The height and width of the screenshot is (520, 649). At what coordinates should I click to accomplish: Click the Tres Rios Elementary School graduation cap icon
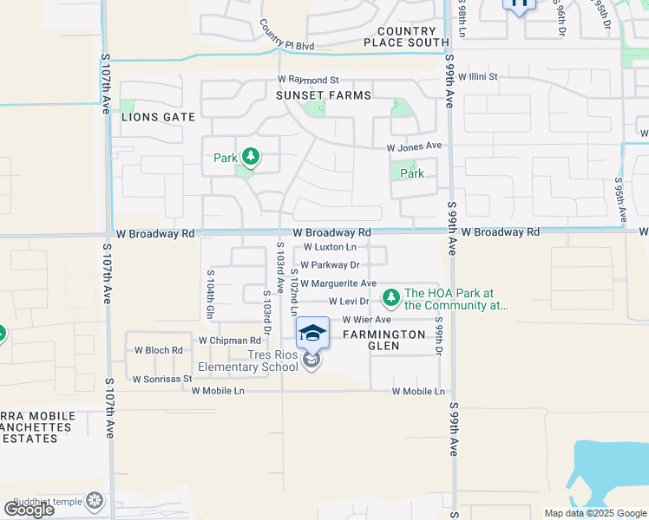[x=312, y=331]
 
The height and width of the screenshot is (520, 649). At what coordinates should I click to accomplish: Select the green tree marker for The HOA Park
[x=391, y=298]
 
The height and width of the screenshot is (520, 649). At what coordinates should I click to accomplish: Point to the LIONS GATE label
[x=158, y=116]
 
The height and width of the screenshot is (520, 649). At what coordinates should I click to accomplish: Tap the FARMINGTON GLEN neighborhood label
[x=383, y=340]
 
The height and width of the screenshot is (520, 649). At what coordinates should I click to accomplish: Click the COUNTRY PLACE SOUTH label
[x=406, y=36]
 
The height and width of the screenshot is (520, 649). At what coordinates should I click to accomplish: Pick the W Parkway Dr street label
[x=330, y=265]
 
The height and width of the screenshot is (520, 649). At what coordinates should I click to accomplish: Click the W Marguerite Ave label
[x=338, y=283]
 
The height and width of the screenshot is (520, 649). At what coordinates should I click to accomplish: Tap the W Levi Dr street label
[x=349, y=302]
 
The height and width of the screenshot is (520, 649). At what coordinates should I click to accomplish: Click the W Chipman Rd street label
[x=230, y=341]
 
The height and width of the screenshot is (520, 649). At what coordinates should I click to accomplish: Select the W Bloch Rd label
[x=159, y=351]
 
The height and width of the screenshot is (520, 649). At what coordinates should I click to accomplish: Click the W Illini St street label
[x=478, y=77]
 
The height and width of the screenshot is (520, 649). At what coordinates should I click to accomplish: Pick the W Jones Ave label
[x=415, y=147]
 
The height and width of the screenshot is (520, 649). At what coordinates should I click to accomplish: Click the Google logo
[x=29, y=510]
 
